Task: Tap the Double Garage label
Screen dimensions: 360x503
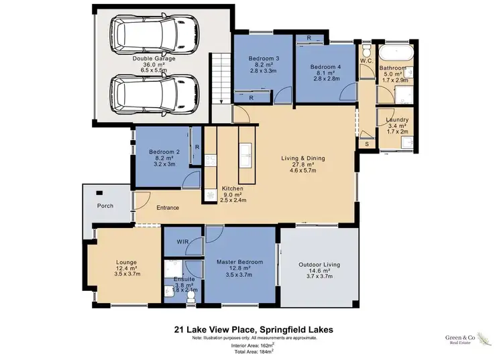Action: coord(154,59)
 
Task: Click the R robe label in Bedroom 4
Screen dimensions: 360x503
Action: coord(308,38)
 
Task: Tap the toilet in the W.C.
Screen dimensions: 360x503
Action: coord(366,52)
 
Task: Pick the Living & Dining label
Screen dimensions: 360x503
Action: coord(302,159)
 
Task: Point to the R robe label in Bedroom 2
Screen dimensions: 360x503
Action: coord(197,147)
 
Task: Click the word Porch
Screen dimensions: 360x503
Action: coord(104,206)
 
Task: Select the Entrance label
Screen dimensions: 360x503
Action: coord(168,208)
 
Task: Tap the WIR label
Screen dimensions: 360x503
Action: coord(182,241)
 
